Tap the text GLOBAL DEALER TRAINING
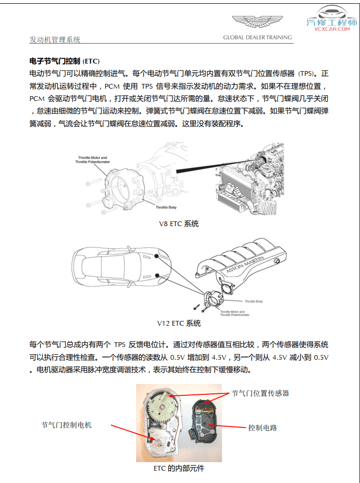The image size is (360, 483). click(258, 37)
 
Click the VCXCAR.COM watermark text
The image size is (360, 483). click(332, 29)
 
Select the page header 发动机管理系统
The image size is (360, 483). click(55, 40)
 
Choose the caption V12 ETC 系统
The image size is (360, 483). click(179, 324)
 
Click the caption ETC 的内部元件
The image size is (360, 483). click(179, 468)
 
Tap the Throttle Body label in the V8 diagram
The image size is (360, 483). click(166, 208)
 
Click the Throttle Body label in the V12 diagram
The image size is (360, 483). click(253, 301)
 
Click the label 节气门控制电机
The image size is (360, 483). click(66, 425)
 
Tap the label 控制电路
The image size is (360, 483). click(263, 428)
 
